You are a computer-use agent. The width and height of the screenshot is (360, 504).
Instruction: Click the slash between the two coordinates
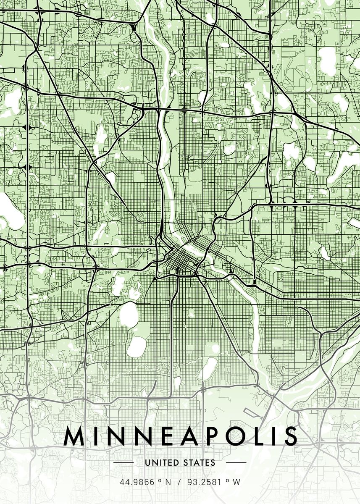coord(179,482)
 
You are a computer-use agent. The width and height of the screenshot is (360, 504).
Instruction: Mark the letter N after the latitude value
coord(168,482)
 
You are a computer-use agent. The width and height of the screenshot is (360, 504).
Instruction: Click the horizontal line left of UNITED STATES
coord(124,463)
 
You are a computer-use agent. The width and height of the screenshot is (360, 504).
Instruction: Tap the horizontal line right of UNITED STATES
coord(236,463)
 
